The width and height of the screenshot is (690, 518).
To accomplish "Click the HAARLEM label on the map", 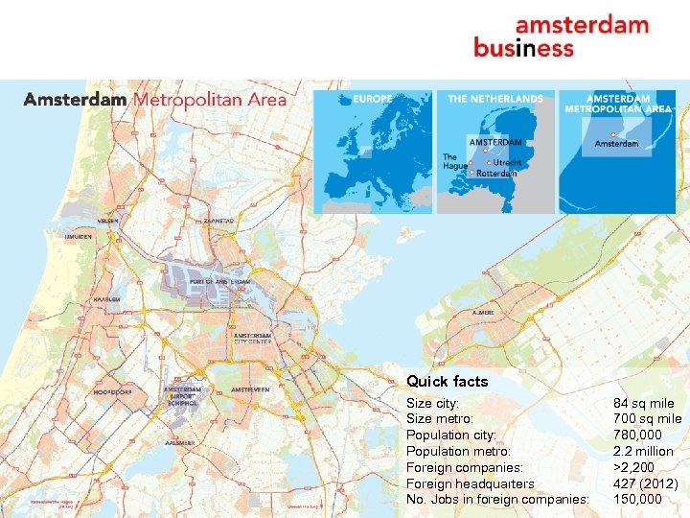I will [106, 299].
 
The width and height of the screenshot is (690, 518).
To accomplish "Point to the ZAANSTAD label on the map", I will [217, 221].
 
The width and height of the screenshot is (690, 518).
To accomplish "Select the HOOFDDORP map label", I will [112, 392].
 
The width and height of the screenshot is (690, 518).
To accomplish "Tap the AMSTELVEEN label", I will [250, 389].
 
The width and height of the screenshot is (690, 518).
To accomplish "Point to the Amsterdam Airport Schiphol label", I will [182, 396].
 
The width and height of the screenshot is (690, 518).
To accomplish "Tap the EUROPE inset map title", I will [372, 98].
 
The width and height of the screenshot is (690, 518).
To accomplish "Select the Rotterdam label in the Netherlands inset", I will [496, 173].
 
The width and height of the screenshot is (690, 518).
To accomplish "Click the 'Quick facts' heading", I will [447, 381].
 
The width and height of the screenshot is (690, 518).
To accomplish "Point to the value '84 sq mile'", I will [643, 404].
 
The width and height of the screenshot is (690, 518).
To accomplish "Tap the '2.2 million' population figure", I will [643, 451].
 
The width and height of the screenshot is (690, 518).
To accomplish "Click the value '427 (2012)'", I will [645, 483].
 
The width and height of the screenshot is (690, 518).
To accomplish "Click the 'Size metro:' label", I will [440, 419].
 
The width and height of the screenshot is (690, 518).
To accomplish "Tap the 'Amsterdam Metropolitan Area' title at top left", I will [155, 100].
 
